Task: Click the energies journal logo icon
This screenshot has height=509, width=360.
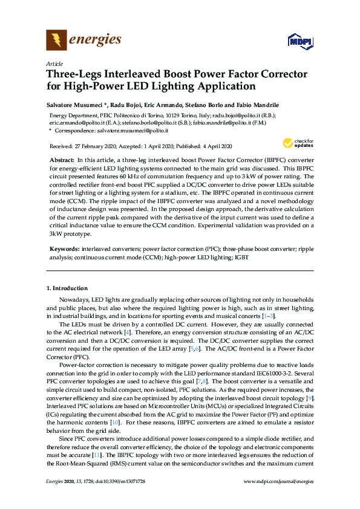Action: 56,41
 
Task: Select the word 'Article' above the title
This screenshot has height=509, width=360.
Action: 54,63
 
